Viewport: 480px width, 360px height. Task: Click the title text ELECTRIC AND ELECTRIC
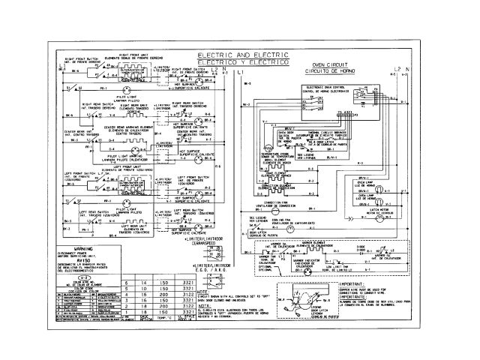coord(242,57)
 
